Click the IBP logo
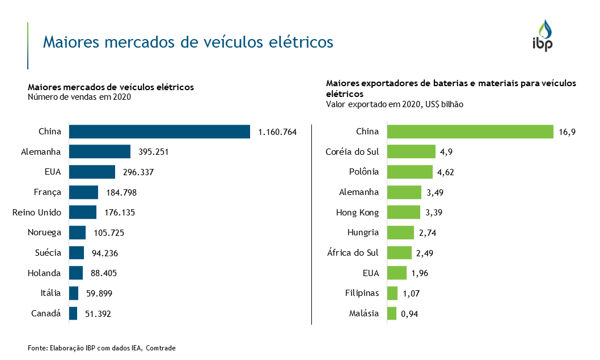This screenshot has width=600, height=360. click(x=542, y=36)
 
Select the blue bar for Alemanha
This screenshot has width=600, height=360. click(x=100, y=151)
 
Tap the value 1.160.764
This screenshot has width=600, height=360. click(x=277, y=132)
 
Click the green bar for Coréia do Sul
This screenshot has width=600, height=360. click(x=411, y=151)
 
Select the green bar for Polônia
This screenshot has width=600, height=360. click(x=410, y=172)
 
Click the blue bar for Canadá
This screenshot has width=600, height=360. click(x=73, y=314)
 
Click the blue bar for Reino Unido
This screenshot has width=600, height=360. click(x=83, y=212)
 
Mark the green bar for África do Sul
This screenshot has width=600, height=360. click(x=399, y=253)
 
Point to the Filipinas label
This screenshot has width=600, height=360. click(x=362, y=293)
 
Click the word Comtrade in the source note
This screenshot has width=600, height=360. click(x=160, y=348)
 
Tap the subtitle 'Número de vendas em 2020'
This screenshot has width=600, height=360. click(x=79, y=97)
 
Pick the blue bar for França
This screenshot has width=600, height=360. click(x=83, y=192)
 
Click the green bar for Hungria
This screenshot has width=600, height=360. click(x=400, y=232)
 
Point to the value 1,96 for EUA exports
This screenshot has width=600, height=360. click(x=420, y=274)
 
